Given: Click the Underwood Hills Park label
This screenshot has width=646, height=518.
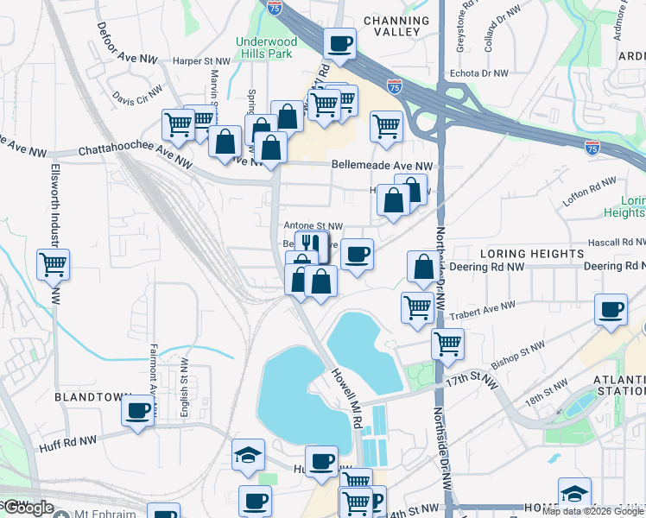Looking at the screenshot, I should pyautogui.click(x=267, y=48).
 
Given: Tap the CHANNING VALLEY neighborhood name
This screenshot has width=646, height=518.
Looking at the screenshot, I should pyautogui.click(x=396, y=26).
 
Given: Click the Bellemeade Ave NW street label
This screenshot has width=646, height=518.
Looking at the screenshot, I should pyautogui.click(x=382, y=165).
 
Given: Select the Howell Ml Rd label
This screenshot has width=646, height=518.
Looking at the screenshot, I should pyautogui.click(x=344, y=397).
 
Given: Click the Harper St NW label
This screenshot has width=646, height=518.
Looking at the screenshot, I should pyautogui.click(x=202, y=61).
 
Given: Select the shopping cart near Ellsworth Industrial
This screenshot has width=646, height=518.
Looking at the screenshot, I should pyautogui.click(x=54, y=264).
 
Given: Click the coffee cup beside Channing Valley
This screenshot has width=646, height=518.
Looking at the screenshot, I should pyautogui.click(x=339, y=42).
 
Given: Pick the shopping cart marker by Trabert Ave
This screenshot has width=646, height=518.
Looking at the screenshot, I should pyautogui.click(x=418, y=306).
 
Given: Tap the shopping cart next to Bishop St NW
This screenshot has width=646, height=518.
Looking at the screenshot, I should pyautogui.click(x=447, y=344).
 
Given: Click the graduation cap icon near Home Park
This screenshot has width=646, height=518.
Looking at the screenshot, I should pyautogui.click(x=574, y=493).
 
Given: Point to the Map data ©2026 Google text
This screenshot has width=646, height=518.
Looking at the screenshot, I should pyautogui.click(x=592, y=511).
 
